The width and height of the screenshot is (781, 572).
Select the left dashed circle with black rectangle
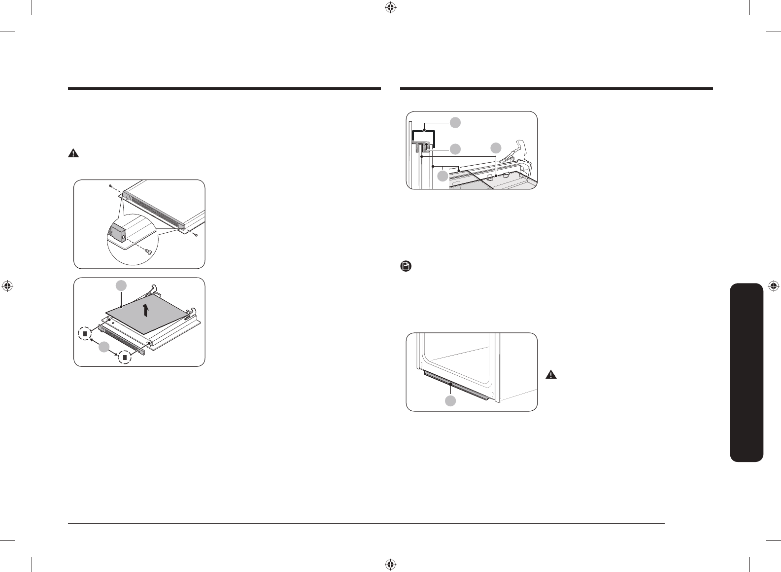[85, 333]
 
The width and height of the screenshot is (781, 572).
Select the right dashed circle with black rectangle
[125, 357]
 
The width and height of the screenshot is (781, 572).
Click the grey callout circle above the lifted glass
[121, 285]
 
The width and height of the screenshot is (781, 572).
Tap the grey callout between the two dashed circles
[103, 348]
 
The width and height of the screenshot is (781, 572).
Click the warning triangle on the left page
[73, 153]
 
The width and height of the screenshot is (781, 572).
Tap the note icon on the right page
[406, 267]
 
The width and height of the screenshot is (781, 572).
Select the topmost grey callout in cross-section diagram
[455, 122]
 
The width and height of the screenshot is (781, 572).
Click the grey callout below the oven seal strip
[450, 401]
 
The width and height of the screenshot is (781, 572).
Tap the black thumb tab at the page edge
[747, 372]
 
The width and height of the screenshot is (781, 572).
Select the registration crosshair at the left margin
[7, 286]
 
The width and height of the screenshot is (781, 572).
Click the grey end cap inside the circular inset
[117, 231]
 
